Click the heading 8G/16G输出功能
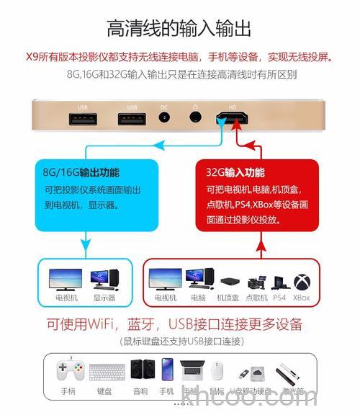coord(81,173)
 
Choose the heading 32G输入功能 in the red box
coord(235,173)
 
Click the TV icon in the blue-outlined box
coord(66,278)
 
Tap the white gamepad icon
coord(68,370)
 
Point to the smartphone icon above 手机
coord(167,370)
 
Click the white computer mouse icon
coord(217,370)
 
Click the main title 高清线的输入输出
coord(179,29)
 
